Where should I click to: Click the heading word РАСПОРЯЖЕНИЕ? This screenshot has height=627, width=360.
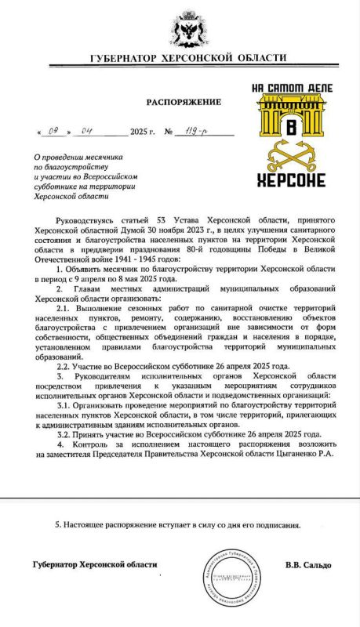pos(184,102)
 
